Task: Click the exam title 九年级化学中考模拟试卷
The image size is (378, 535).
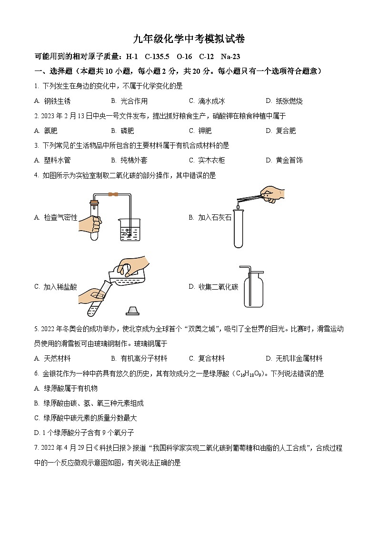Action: coord(189,39)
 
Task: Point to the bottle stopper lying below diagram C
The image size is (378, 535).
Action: coord(132,311)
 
